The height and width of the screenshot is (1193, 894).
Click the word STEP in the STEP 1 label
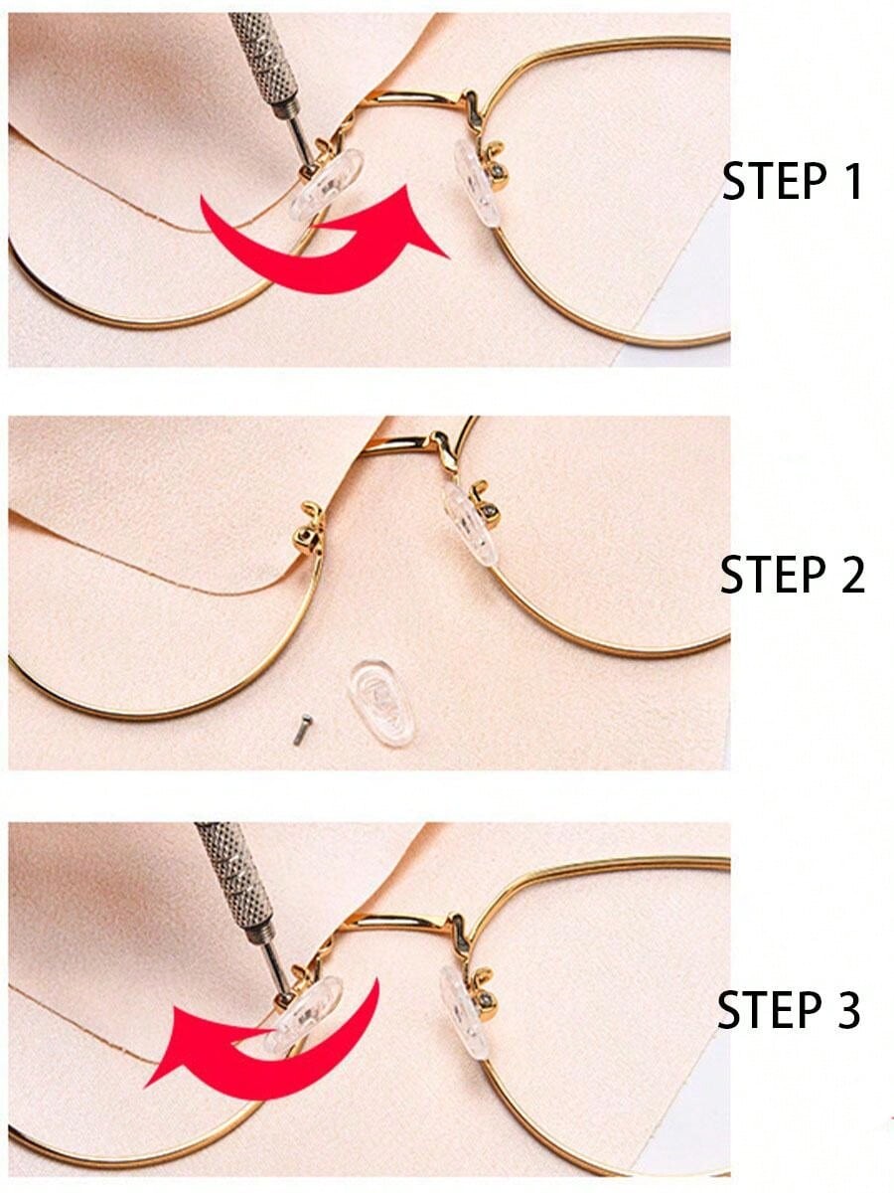click(x=773, y=181)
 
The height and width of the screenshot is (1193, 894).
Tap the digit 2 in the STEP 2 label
click(x=847, y=574)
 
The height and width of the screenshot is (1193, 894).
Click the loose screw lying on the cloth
click(x=302, y=729)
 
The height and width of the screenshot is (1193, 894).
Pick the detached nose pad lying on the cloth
click(x=381, y=702)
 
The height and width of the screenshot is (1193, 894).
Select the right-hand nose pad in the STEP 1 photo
click(x=477, y=183)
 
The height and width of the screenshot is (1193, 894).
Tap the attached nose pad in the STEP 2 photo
click(x=469, y=523)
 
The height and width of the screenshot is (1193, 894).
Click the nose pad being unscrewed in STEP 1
click(x=326, y=185)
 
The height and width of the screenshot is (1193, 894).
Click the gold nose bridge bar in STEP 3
click(x=401, y=920)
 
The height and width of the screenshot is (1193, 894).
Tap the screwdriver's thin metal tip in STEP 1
click(x=300, y=142)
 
